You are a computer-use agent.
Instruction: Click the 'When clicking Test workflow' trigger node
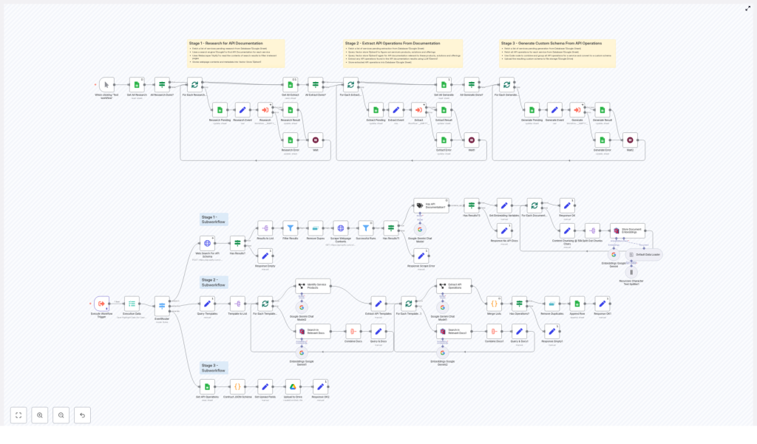107,85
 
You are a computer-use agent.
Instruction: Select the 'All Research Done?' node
162,85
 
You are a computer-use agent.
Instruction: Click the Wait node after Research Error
315,140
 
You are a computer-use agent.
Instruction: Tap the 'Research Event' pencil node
242,110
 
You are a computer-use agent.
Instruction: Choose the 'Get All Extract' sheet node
291,85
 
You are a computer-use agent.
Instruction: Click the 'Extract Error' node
444,140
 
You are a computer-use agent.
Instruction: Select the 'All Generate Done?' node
470,85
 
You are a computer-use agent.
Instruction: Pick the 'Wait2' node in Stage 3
629,140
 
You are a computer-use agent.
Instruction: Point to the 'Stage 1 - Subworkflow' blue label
214,219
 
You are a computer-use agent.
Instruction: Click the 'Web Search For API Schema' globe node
208,243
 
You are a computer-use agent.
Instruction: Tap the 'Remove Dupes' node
316,228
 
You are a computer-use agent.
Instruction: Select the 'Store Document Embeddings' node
627,230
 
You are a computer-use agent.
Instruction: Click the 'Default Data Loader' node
645,254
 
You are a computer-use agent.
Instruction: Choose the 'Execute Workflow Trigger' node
101,303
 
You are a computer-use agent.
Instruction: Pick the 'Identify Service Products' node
313,285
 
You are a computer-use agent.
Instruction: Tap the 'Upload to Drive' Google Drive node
292,386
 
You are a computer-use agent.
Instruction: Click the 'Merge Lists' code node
494,303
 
